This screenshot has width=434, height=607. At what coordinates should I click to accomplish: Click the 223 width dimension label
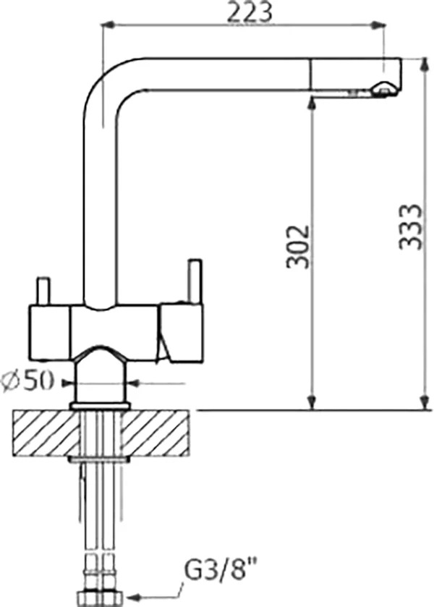tap(250, 12)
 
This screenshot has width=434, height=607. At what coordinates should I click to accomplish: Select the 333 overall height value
tap(410, 227)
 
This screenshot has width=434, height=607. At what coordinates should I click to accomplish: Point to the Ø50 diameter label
tap(27, 382)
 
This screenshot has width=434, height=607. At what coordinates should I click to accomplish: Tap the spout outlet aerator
tap(383, 89)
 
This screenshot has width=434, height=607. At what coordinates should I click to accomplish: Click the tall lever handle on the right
tap(195, 281)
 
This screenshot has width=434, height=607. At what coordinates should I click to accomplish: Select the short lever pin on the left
tap(43, 291)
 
